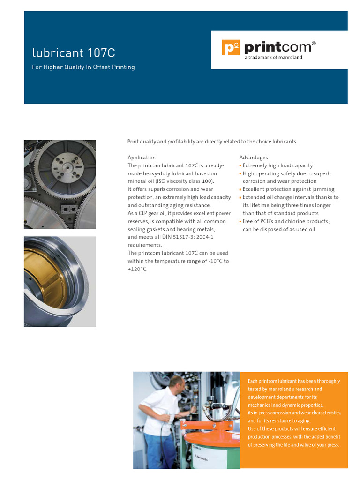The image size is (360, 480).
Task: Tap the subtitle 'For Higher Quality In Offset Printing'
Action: pos(83,67)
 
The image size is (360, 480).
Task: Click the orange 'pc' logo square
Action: pos(231,48)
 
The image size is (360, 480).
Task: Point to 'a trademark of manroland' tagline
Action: pos(273,58)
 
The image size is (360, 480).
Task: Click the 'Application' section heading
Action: pos(142,157)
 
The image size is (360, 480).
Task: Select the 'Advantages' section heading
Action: pos(254,157)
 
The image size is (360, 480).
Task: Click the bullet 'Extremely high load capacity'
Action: pos(277,165)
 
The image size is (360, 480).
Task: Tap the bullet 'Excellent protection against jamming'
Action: pos(288,189)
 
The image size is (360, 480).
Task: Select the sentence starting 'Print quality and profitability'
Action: pos(212,142)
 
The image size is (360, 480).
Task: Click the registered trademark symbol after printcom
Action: pos(314,43)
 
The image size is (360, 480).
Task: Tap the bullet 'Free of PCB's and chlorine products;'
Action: pos(286,221)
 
